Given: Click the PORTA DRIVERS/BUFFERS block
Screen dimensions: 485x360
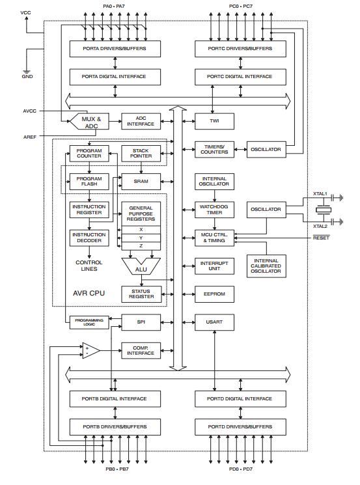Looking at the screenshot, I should [115, 49].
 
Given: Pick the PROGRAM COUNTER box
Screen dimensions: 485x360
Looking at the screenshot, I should [89, 153].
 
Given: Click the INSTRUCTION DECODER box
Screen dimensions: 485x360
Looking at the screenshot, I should [89, 238].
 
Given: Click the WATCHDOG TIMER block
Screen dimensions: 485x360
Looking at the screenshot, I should [214, 209].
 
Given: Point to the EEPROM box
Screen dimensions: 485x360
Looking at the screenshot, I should [214, 294].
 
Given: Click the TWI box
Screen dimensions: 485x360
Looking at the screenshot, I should [214, 121].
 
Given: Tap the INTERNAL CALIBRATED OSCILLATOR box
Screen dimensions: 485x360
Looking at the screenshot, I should [266, 265].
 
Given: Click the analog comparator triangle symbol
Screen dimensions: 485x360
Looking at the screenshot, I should [90, 351].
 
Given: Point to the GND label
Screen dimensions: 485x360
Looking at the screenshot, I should [27, 76].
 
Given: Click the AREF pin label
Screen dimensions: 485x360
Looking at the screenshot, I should [30, 136].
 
